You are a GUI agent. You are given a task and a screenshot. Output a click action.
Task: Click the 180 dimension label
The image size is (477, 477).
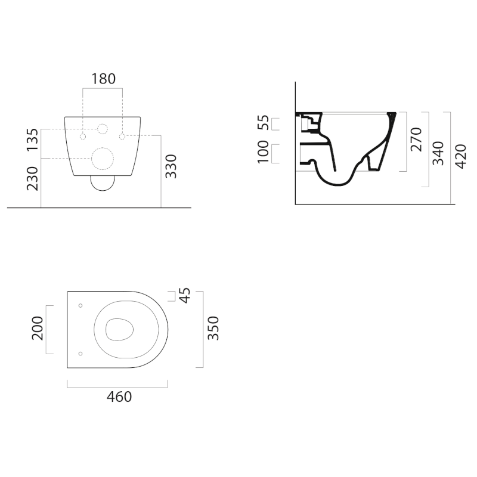tap(104, 79)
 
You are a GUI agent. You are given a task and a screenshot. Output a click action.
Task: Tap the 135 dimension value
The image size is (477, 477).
tap(33, 140)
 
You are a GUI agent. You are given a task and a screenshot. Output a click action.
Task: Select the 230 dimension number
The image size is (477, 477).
tap(33, 178)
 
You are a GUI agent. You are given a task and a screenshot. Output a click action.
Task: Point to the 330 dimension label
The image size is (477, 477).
tap(171, 166)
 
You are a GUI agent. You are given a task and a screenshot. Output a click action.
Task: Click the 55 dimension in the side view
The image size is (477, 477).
tap(263, 123)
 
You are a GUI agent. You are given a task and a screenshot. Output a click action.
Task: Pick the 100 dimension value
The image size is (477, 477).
tap(263, 152)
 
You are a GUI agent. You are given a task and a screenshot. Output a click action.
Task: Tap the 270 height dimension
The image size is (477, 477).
tap(416, 140)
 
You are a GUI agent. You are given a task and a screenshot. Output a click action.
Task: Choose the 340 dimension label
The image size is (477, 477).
tap(438, 153)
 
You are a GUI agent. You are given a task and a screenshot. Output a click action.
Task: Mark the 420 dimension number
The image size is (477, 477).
tap(460, 156)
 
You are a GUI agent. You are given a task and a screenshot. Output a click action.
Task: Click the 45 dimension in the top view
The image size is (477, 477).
tap(185, 295)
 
